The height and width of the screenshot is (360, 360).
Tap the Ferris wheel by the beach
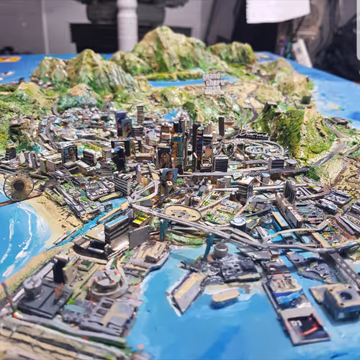pyautogui.click(x=18, y=186)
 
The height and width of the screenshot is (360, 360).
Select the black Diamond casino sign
pyautogui.click(x=253, y=135)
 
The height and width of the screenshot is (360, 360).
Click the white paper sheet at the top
pyautogui.click(x=277, y=10)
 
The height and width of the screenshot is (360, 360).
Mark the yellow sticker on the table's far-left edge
pyautogui.click(x=9, y=60)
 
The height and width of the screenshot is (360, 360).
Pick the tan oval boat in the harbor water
pyautogui.click(x=225, y=295)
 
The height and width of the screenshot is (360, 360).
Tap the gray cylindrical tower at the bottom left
pyautogui.click(x=32, y=288)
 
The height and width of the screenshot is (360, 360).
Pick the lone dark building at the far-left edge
pyautogui.click(x=10, y=153)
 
